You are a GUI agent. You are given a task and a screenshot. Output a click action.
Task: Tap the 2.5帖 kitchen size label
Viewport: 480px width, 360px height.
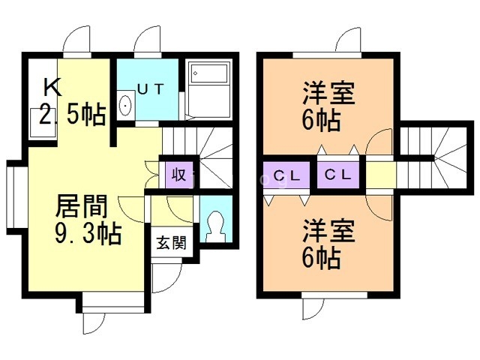tap(72, 115)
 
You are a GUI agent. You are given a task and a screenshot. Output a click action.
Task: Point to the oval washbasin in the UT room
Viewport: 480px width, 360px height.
tap(125, 106)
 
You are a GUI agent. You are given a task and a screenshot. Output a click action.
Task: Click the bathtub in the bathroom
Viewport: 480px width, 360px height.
tap(208, 75)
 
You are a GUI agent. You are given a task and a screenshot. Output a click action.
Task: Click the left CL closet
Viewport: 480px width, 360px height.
tap(286, 177)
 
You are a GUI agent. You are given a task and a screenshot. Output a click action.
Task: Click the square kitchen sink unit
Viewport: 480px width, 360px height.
tap(40, 123)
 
